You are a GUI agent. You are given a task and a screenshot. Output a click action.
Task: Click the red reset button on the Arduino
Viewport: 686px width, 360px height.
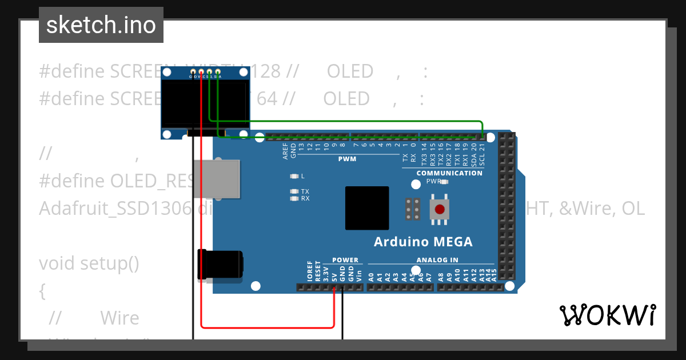coord(439,209)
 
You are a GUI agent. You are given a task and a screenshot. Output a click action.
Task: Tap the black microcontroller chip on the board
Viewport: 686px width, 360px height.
coord(367,209)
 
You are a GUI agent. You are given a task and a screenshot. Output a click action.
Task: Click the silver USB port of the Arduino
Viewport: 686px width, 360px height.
coord(216,179)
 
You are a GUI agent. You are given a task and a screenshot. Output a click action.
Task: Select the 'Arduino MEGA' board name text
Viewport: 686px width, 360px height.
coord(423,242)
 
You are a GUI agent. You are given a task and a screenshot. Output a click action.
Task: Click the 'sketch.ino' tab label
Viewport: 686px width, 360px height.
coord(101,25)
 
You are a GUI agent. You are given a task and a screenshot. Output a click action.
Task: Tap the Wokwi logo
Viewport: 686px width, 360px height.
coord(607,315)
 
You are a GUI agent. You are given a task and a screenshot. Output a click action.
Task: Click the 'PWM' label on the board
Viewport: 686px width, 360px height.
coord(347,159)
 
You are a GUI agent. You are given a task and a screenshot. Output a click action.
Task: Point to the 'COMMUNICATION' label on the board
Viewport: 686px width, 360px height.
coord(449,173)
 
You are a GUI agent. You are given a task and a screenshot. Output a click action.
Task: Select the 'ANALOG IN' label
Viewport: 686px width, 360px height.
coord(437,260)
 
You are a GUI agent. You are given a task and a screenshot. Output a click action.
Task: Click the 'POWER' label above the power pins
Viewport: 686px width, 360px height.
coord(345,260)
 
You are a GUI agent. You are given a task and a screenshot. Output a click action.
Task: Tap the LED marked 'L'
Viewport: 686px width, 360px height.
coord(295,176)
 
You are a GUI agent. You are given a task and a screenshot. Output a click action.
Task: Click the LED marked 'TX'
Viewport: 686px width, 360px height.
coord(295,191)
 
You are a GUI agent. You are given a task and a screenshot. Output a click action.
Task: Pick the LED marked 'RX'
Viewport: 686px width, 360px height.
coord(295,199)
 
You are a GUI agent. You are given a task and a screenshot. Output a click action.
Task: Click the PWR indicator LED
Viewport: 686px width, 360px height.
coord(444,182)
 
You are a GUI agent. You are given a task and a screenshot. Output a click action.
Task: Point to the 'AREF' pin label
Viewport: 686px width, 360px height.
coord(285,150)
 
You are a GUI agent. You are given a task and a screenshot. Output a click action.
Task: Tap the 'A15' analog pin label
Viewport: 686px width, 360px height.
coord(494,277)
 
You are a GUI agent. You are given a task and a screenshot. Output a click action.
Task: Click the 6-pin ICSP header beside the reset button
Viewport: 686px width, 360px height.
coord(413,209)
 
